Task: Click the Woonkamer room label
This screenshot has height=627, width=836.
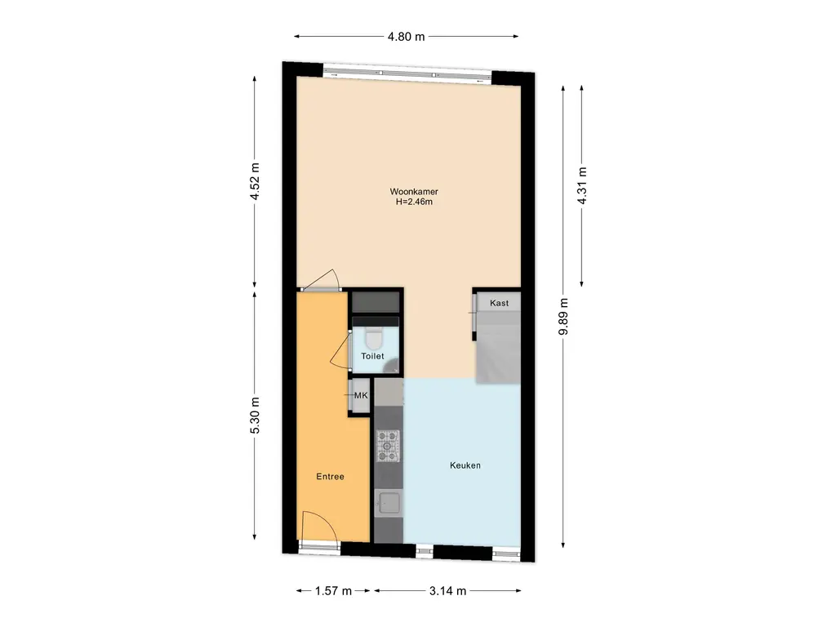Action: pos(414,191)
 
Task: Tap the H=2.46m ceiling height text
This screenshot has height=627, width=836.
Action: pos(414,202)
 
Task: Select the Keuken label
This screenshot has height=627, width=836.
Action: pos(465,465)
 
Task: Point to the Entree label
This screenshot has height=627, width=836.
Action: pos(330,477)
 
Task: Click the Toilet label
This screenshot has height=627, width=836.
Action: pos(372,356)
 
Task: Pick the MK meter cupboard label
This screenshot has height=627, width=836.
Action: pos(361,396)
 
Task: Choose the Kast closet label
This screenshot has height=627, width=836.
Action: pos(499,303)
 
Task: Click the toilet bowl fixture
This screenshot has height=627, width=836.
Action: pos(374,337)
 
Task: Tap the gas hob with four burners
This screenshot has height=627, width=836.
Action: pos(388,446)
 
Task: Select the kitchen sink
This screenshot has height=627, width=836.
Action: pos(388,502)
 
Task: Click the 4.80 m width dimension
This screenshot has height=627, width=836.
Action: pos(407,37)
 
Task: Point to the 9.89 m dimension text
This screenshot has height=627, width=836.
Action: pos(563,317)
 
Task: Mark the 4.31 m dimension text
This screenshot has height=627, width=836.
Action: pos(581,185)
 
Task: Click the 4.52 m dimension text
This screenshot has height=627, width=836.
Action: pos(255,182)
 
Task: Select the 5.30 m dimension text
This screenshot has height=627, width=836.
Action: pos(255,416)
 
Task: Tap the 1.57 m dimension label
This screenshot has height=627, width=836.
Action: pos(333,591)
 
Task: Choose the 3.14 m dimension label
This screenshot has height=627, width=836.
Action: pos(448,591)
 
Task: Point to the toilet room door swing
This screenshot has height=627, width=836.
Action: pos(337,353)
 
